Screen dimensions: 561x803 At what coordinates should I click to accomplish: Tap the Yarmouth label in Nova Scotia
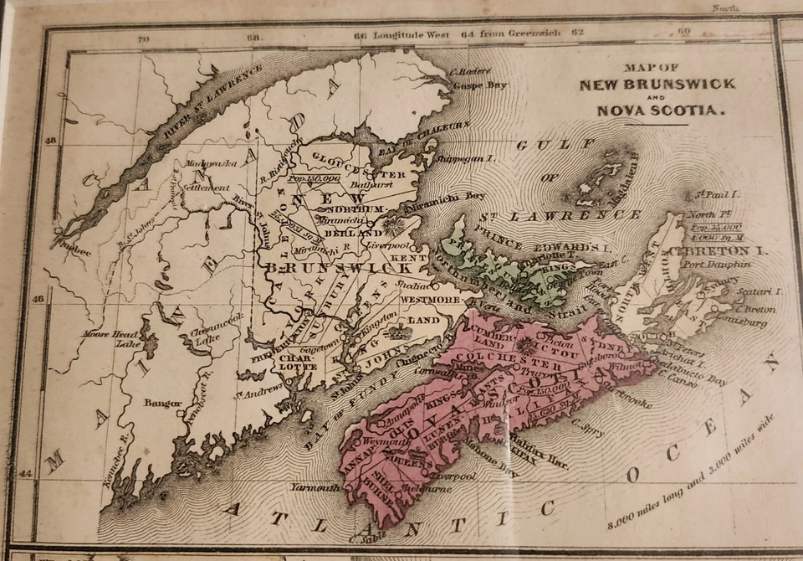coord(315,487)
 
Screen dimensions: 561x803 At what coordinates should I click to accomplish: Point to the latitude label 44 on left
coord(26,473)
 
